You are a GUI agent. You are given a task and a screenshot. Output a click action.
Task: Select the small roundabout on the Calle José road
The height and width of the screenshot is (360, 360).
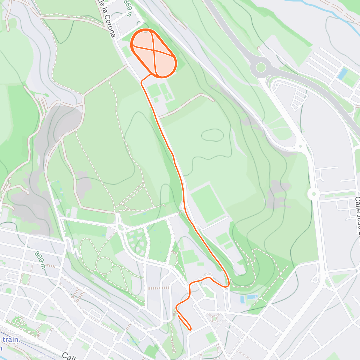tap(313, 194)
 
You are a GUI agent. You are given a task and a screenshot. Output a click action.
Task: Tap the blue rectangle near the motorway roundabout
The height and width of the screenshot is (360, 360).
tap(342, 74)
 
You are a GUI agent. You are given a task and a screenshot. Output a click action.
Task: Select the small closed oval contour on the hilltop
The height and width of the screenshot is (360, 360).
tap(212, 135)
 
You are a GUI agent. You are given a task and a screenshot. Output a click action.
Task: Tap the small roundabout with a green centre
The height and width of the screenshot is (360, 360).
tap(214, 318)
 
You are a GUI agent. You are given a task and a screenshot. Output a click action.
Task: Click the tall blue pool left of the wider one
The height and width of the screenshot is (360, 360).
tap(242, 299)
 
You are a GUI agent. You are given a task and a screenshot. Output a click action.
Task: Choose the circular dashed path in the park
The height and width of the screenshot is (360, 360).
tap(104, 265)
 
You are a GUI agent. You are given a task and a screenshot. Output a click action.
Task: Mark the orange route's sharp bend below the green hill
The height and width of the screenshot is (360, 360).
tap(228, 283)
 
